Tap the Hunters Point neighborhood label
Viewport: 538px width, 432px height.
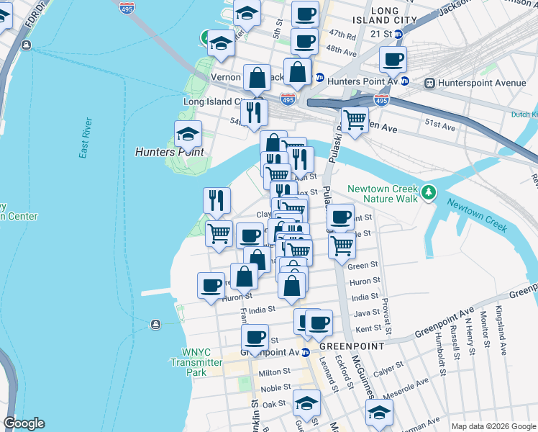point(169,153)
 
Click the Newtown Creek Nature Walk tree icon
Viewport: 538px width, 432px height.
point(429,192)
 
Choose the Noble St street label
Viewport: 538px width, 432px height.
point(275,388)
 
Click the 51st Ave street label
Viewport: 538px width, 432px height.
point(440,126)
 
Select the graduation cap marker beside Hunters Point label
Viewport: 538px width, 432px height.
point(188,132)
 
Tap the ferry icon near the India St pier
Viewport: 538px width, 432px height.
point(156,323)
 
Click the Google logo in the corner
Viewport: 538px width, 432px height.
point(24,423)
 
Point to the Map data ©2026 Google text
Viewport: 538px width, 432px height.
point(493,426)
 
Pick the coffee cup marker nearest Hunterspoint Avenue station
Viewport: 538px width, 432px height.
point(393,60)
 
